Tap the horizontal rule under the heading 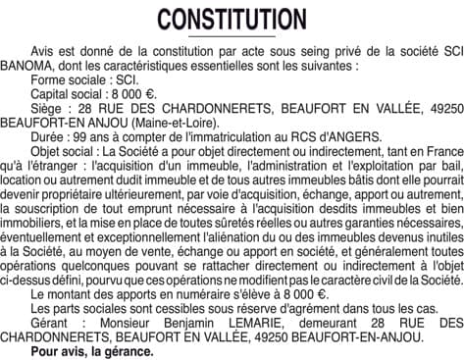click(x=232, y=36)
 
